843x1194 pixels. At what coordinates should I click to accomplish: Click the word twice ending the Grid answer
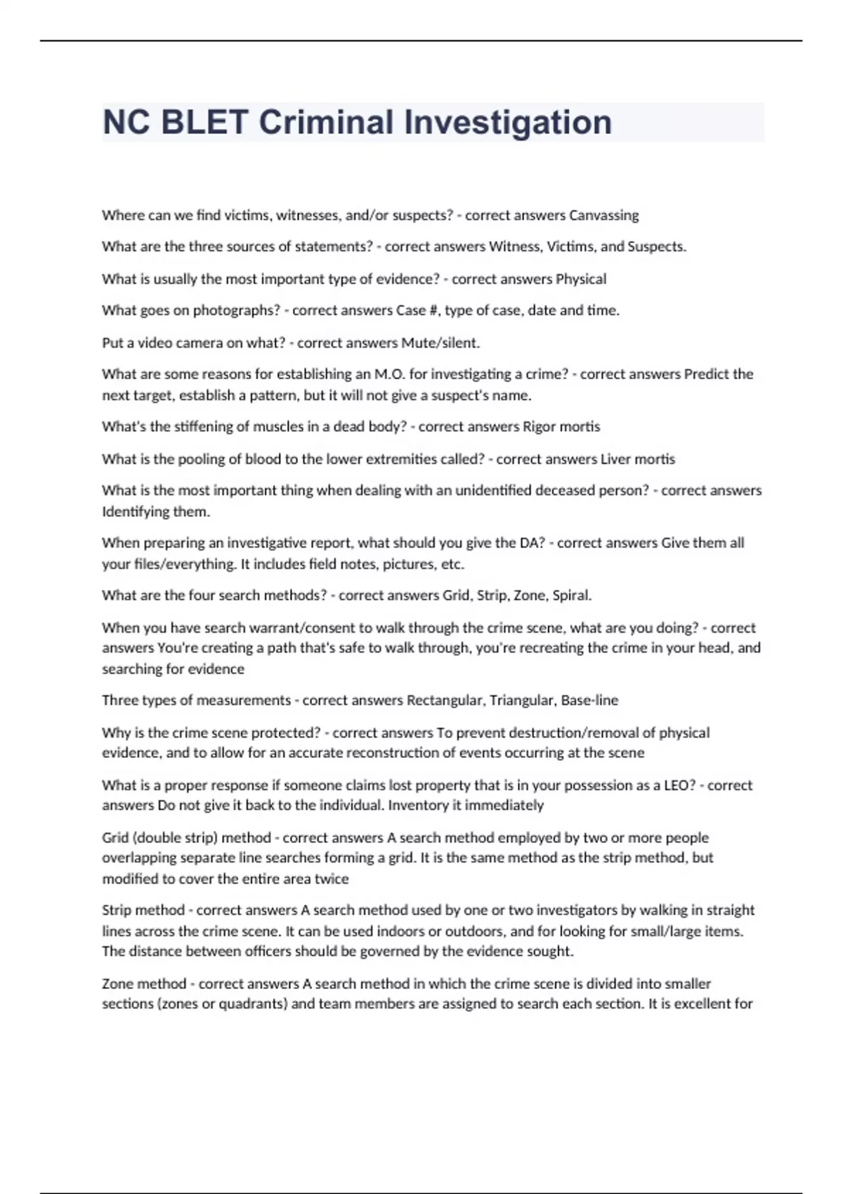(x=332, y=879)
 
